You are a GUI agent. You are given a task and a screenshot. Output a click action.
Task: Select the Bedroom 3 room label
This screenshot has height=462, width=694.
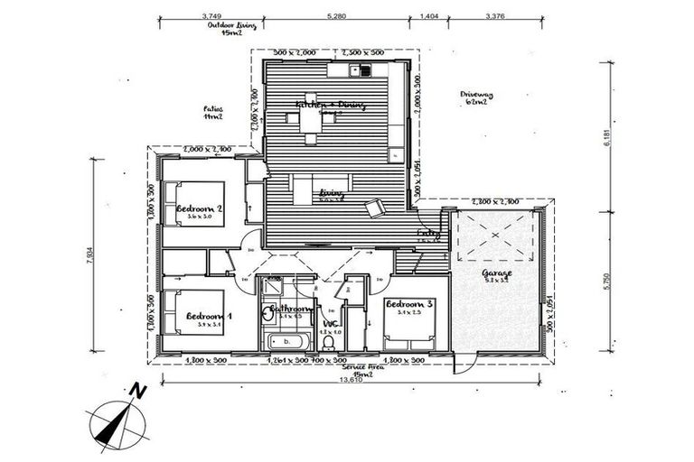click(x=409, y=304)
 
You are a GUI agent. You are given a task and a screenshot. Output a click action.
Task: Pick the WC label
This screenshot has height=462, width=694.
click(x=331, y=323)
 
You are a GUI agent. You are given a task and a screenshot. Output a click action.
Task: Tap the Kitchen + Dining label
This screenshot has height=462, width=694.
click(x=331, y=105)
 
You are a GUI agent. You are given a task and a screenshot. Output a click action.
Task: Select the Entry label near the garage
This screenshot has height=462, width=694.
click(x=427, y=236)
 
